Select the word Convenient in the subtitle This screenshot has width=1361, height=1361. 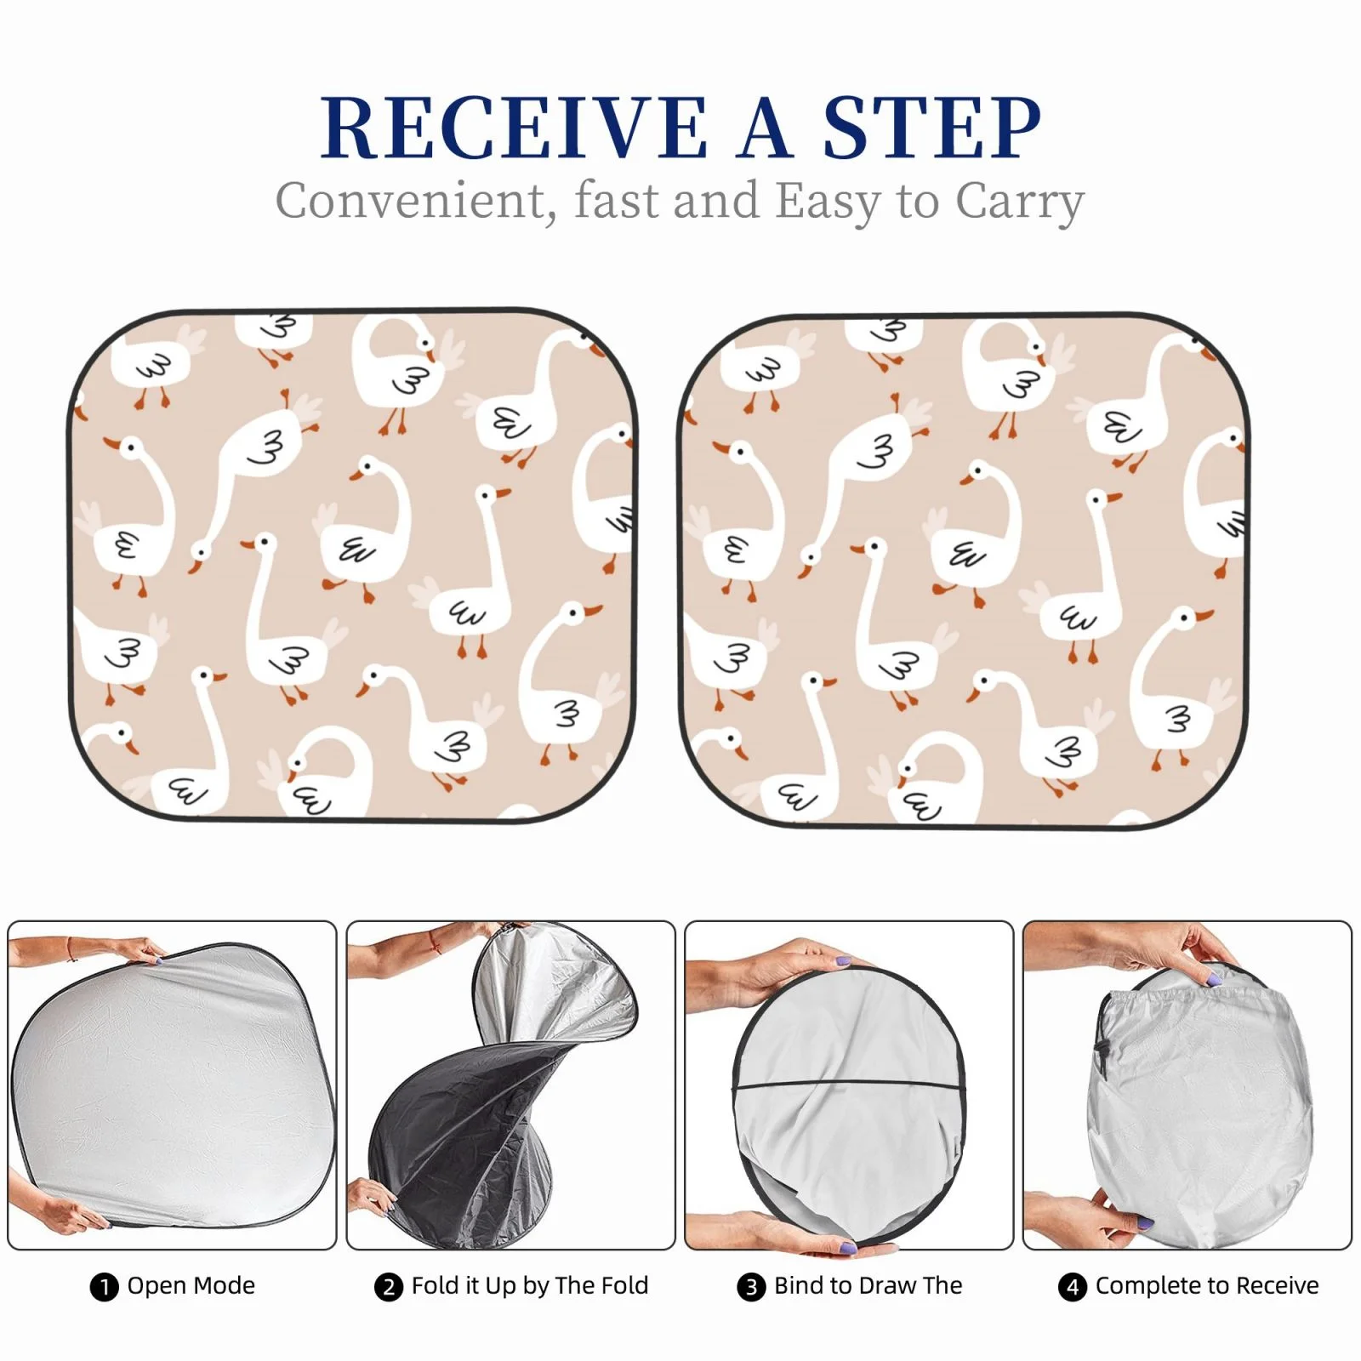coord(410,202)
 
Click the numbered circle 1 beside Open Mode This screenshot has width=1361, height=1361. coord(104,1287)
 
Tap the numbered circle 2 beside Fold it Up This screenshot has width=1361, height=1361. coord(388,1287)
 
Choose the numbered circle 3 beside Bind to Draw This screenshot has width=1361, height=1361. coord(750,1287)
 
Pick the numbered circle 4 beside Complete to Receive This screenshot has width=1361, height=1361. coord(1072,1287)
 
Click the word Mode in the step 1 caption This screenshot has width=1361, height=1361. coord(224,1285)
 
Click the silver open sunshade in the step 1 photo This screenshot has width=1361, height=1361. coord(170,1085)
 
